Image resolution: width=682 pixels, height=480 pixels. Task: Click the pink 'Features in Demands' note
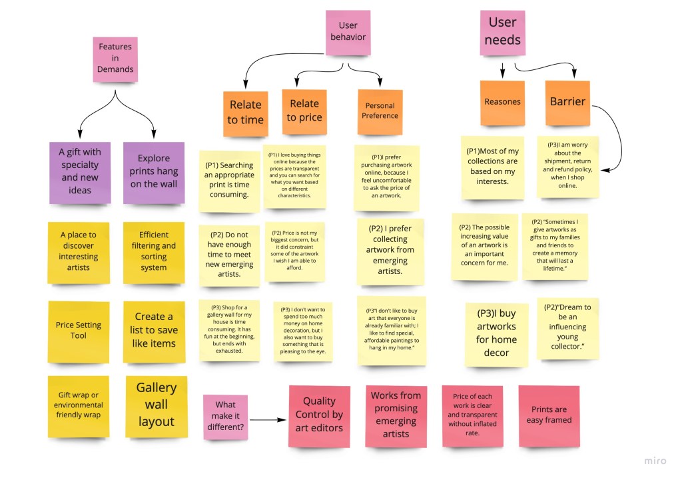click(x=115, y=59)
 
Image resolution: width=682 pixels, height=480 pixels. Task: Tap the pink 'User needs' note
click(x=502, y=31)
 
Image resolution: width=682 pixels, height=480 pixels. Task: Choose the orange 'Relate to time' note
click(x=245, y=113)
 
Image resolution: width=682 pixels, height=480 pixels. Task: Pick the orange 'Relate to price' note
click(x=304, y=111)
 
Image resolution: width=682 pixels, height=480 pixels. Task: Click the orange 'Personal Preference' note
click(x=380, y=111)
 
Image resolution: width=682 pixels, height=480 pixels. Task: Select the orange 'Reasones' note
click(x=502, y=102)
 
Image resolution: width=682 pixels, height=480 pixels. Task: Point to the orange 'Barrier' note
click(x=567, y=102)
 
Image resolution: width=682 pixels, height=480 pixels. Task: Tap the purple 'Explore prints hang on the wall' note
click(x=153, y=172)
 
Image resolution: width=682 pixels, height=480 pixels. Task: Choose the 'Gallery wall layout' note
click(x=156, y=405)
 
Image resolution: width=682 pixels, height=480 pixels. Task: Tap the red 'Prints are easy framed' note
click(x=549, y=415)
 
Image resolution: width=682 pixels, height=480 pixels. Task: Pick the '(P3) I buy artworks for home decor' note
click(x=496, y=333)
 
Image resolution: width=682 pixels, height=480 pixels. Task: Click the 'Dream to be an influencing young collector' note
click(x=567, y=327)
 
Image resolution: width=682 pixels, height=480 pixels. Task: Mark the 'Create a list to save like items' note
click(x=153, y=331)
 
